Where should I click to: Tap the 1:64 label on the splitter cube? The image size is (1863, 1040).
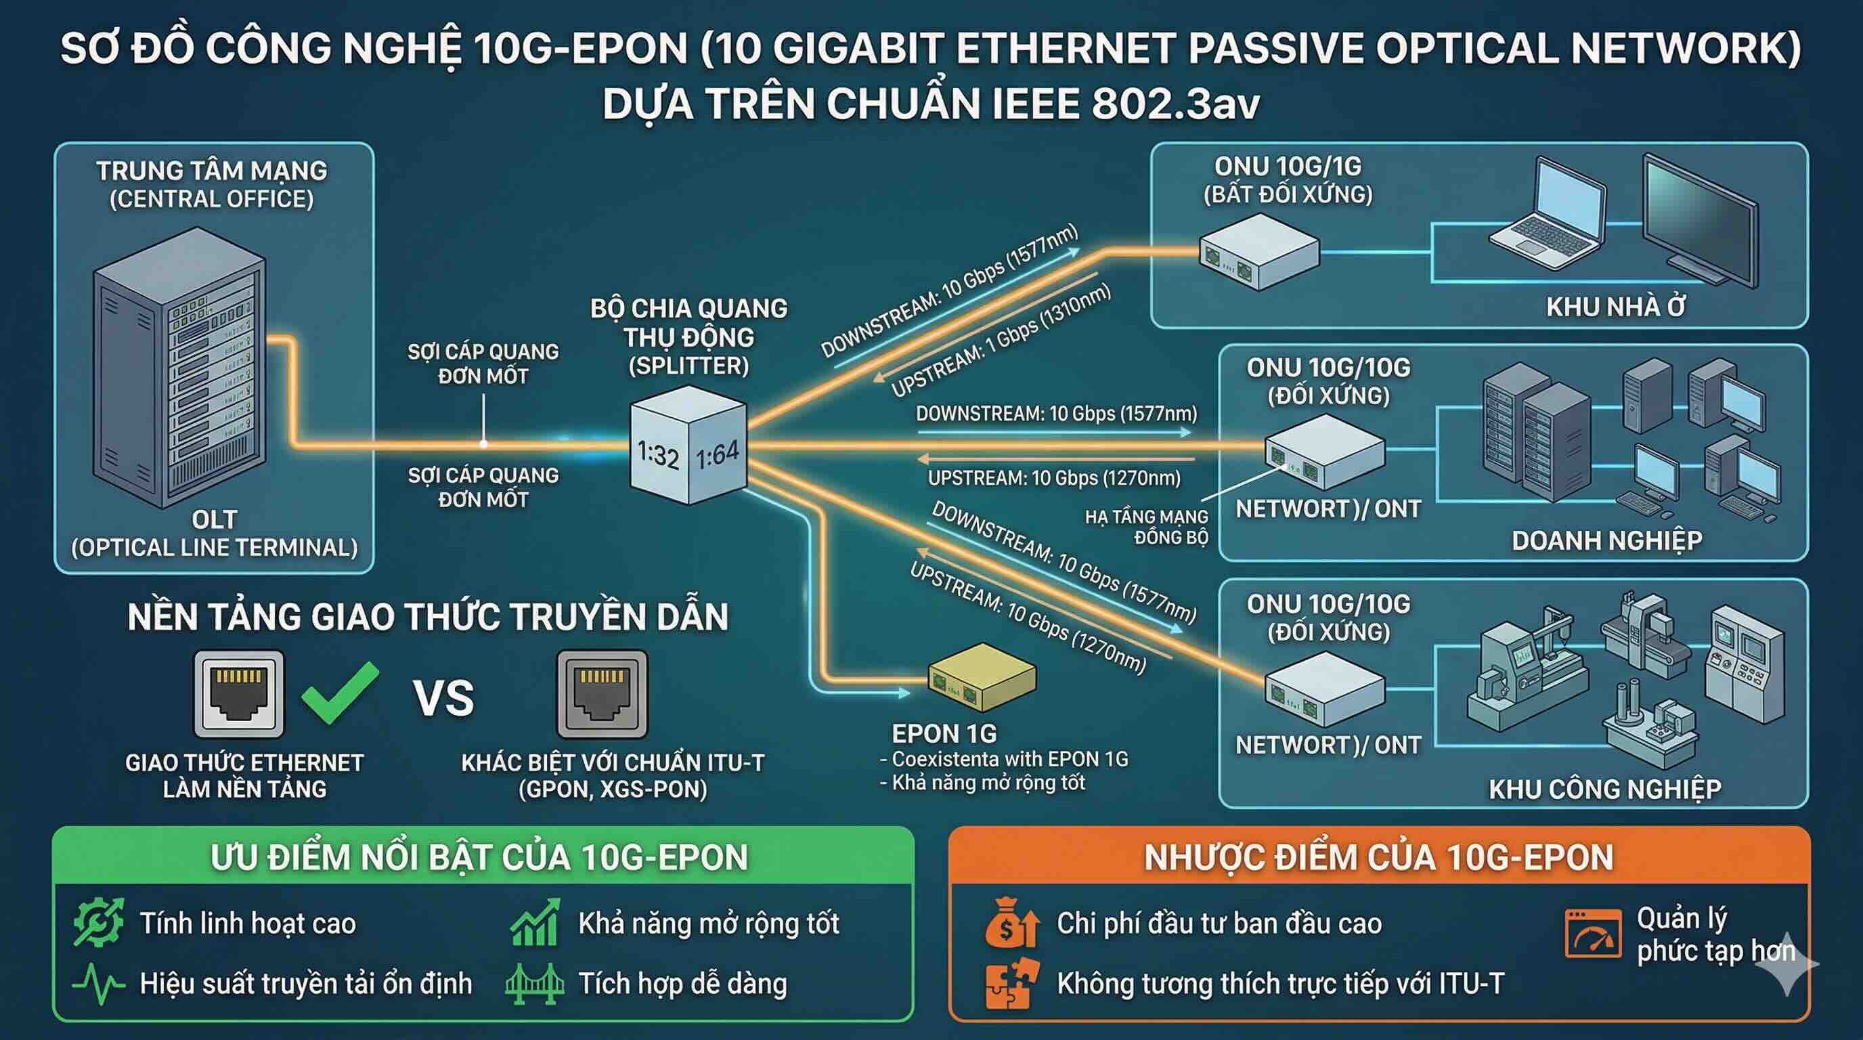pyautogui.click(x=718, y=454)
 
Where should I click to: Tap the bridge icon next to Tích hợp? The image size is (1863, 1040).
pyautogui.click(x=533, y=984)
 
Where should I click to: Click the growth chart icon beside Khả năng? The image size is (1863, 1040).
pyautogui.click(x=534, y=923)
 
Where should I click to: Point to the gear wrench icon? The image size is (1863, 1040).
pyautogui.click(x=98, y=923)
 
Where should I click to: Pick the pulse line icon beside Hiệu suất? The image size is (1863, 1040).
pyautogui.click(x=98, y=984)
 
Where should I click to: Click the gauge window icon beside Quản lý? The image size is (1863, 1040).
pyautogui.click(x=1592, y=934)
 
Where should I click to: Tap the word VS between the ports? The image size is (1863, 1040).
pyautogui.click(x=443, y=698)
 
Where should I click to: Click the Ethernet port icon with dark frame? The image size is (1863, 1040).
pyautogui.click(x=602, y=693)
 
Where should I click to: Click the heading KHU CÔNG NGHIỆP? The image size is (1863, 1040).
pyautogui.click(x=1604, y=789)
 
